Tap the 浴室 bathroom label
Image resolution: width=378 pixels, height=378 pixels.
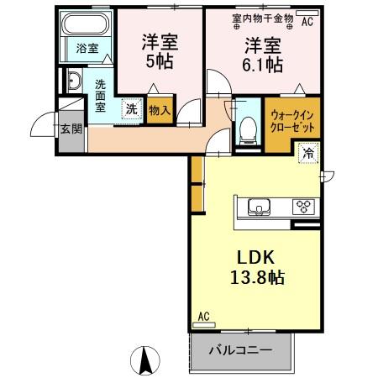pyautogui.click(x=87, y=49)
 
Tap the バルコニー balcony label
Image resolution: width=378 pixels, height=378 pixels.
pyautogui.click(x=239, y=349)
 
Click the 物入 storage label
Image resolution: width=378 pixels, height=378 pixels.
pyautogui.click(x=159, y=109)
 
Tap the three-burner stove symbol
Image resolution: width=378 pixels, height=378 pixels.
pyautogui.click(x=302, y=206)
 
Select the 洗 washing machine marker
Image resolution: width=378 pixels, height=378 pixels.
pyautogui.click(x=131, y=108)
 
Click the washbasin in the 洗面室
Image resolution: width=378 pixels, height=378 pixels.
pyautogui.click(x=73, y=81)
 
